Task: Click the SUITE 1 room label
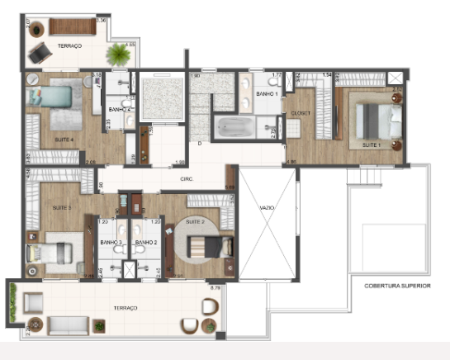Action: tap(372, 144)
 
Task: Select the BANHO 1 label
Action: tap(266, 94)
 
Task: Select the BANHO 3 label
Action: tap(111, 243)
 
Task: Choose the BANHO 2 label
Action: tap(146, 243)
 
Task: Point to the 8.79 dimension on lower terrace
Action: tap(216, 287)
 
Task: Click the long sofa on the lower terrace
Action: tap(74, 325)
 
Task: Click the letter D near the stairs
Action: tap(199, 143)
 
